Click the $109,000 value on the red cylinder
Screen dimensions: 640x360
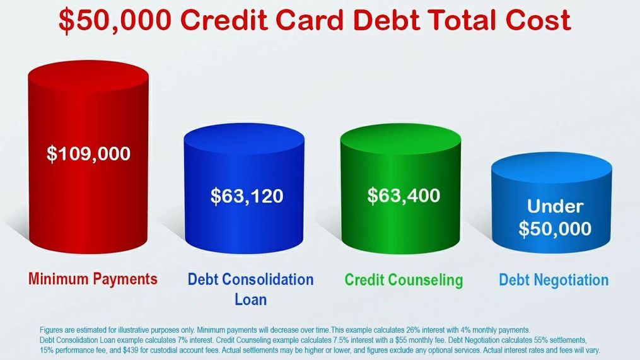coord(88,154)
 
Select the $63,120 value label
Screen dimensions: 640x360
coord(247,196)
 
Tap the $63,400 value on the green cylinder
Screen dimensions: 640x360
coord(404,195)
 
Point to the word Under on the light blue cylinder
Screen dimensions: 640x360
coord(555,206)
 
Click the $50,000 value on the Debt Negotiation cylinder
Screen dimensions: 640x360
coord(555,229)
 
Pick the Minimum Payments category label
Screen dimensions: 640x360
coord(93,279)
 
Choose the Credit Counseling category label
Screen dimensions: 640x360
coord(404,280)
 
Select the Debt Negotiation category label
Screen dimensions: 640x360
coord(554,280)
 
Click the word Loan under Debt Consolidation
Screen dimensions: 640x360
coord(250,299)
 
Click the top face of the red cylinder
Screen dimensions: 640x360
coord(88,76)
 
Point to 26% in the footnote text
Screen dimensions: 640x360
coord(412,330)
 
